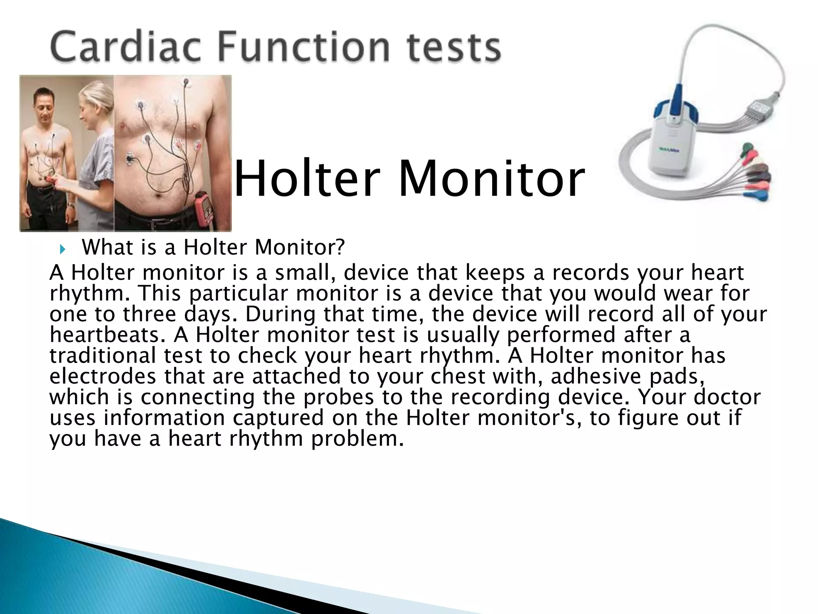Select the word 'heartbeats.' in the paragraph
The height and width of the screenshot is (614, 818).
pyautogui.click(x=107, y=335)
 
